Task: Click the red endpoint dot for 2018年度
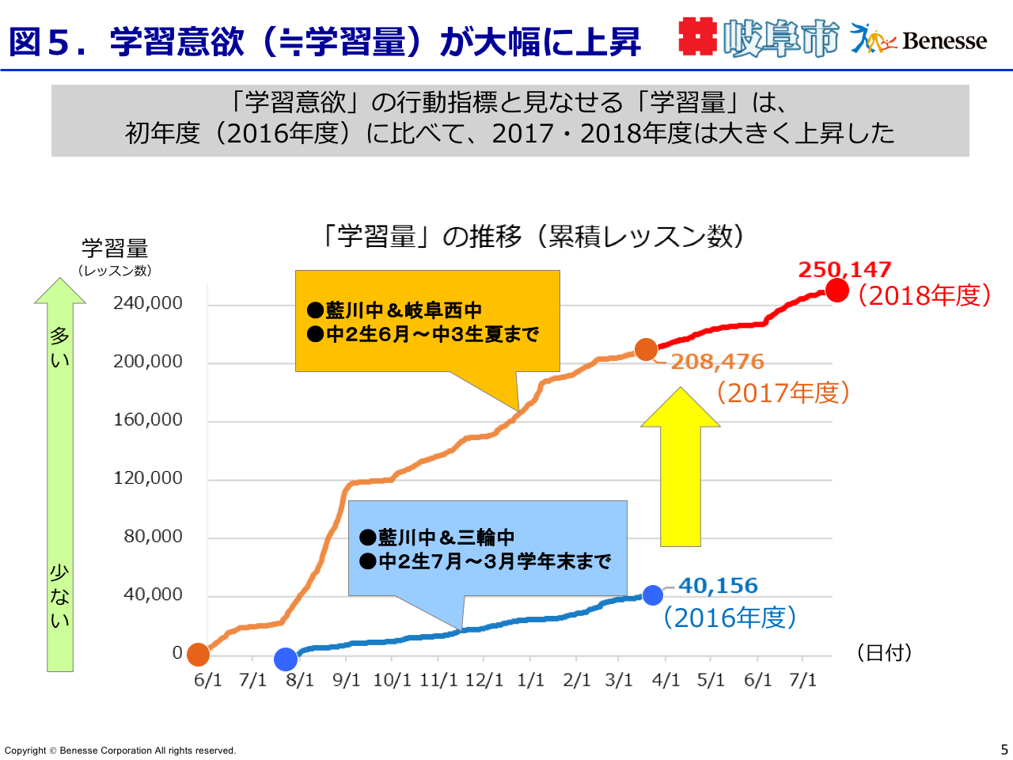pyautogui.click(x=837, y=291)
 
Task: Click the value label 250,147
pyautogui.click(x=844, y=270)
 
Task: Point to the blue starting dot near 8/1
pyautogui.click(x=286, y=659)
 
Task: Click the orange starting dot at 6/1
pyautogui.click(x=198, y=655)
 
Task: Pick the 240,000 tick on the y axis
pyautogui.click(x=148, y=303)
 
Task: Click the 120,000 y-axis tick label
pyautogui.click(x=148, y=478)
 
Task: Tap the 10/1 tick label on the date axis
pyautogui.click(x=392, y=681)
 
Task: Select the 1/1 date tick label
pyautogui.click(x=530, y=681)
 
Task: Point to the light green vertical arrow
pyautogui.click(x=60, y=475)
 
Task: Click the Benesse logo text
pyautogui.click(x=944, y=40)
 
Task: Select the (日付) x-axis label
pyautogui.click(x=885, y=653)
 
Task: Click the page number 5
pyautogui.click(x=1004, y=750)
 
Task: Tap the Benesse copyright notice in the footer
pyautogui.click(x=120, y=750)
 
